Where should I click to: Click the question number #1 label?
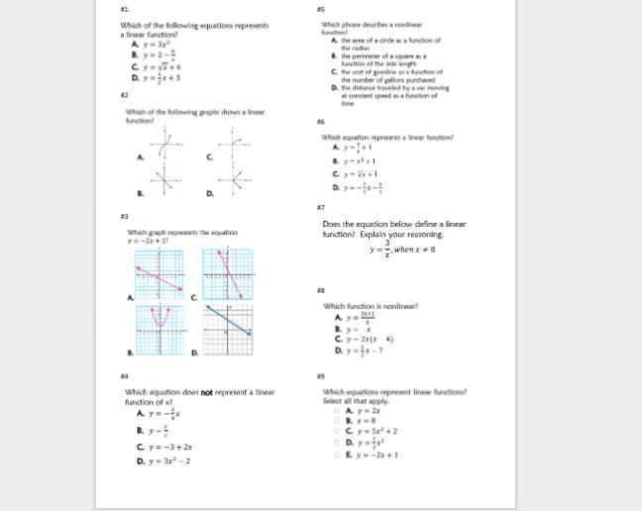click(x=124, y=7)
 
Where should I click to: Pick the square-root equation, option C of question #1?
click(x=160, y=66)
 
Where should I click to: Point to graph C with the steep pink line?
click(x=228, y=274)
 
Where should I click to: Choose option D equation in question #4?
click(x=168, y=460)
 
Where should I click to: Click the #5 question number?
click(x=320, y=8)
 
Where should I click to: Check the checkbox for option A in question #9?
click(x=337, y=410)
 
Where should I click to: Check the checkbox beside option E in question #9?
click(x=337, y=455)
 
